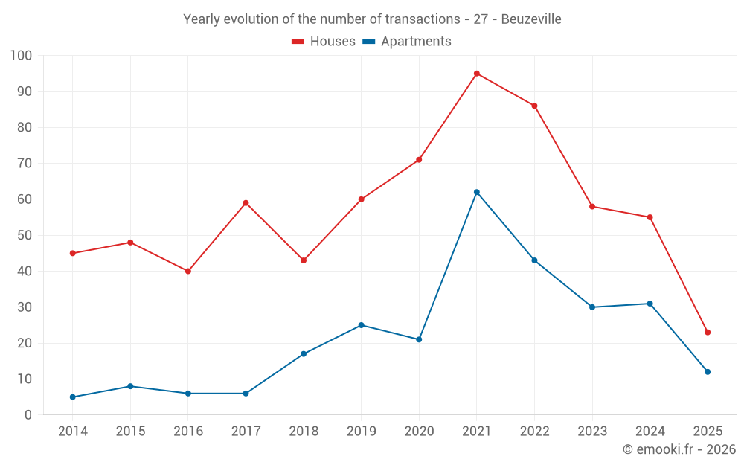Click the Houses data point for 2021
pyautogui.click(x=477, y=74)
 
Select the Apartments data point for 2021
pyautogui.click(x=477, y=192)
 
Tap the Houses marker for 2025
pyautogui.click(x=708, y=333)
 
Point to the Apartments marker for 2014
pyautogui.click(x=73, y=397)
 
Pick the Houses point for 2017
pyautogui.click(x=246, y=203)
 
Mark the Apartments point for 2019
pyautogui.click(x=362, y=325)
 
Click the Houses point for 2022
pyautogui.click(x=534, y=106)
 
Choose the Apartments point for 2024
pyautogui.click(x=650, y=304)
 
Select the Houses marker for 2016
pyautogui.click(x=188, y=272)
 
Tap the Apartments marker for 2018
pyautogui.click(x=304, y=354)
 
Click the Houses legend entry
pyautogui.click(x=324, y=42)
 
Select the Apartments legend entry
pyautogui.click(x=407, y=42)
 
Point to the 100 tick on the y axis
pyautogui.click(x=22, y=56)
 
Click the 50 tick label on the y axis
pyautogui.click(x=25, y=236)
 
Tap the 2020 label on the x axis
pyautogui.click(x=419, y=432)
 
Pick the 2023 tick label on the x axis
pyautogui.click(x=592, y=432)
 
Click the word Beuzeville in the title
pyautogui.click(x=531, y=19)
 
